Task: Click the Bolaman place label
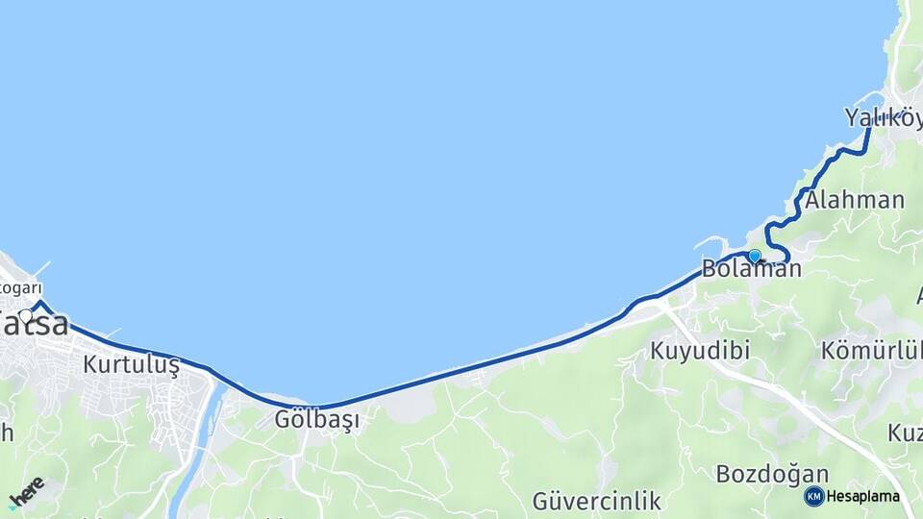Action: (x=751, y=269)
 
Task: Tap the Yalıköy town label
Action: (x=883, y=117)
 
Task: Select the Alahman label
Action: (x=854, y=200)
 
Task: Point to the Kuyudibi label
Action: (x=700, y=350)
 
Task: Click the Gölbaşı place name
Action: (x=316, y=420)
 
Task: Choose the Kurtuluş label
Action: (x=131, y=365)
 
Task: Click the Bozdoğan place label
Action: (x=772, y=474)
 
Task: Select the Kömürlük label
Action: (x=871, y=350)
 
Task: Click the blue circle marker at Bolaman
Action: (x=755, y=256)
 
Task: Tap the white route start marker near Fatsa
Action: (x=26, y=314)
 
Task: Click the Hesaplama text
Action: (x=863, y=497)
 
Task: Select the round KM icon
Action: (x=813, y=497)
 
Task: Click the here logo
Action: (x=26, y=491)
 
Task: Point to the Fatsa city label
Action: (x=35, y=324)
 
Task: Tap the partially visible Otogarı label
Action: (x=21, y=288)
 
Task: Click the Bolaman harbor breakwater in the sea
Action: (x=711, y=243)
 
